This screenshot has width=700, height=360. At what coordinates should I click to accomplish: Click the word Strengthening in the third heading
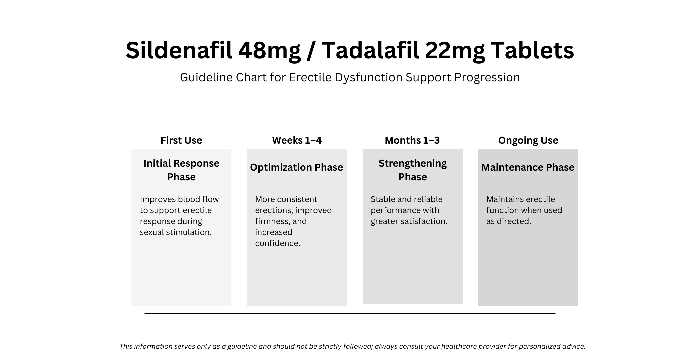pyautogui.click(x=412, y=163)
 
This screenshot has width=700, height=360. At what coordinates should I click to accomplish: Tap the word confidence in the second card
pyautogui.click(x=277, y=243)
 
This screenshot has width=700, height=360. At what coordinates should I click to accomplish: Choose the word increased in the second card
pyautogui.click(x=274, y=232)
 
